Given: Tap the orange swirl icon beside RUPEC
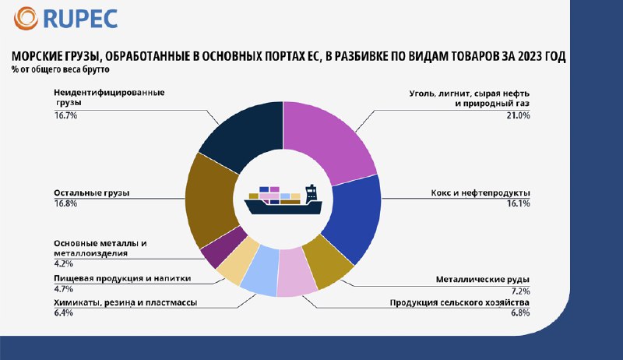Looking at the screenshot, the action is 26,18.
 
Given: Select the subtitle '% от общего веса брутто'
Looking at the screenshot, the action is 61,69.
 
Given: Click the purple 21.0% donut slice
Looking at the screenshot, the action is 328,138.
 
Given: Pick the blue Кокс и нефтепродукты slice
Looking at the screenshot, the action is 353,217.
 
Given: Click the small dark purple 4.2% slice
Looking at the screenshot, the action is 224,247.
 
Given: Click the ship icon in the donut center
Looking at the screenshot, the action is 283,199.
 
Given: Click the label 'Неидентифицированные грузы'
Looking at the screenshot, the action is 109,97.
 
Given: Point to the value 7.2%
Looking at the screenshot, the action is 520,291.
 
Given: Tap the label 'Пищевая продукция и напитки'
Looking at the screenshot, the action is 122,278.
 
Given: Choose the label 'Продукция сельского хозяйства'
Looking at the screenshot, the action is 459,303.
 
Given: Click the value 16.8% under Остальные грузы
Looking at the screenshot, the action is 65,203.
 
